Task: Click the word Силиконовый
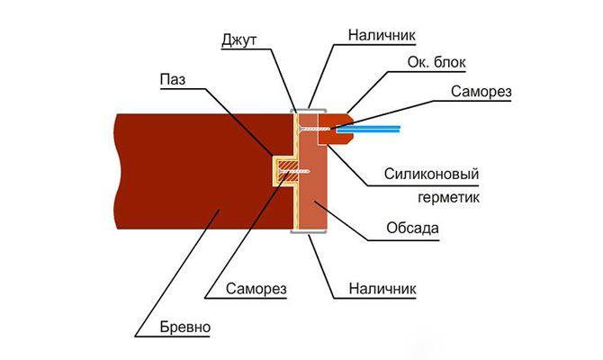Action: click(x=428, y=172)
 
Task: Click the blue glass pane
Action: click(x=369, y=130)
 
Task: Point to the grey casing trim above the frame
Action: click(x=307, y=110)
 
